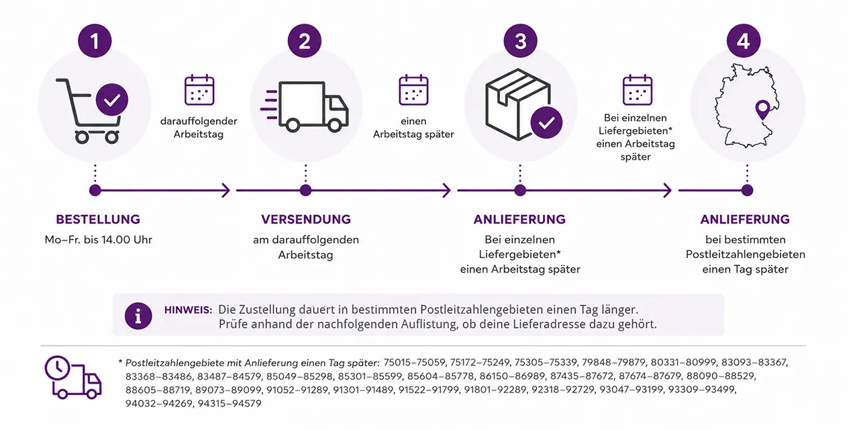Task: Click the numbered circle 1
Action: (x=95, y=41)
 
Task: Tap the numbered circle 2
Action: (x=305, y=41)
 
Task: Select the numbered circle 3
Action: (x=520, y=41)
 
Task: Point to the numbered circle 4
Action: (x=744, y=41)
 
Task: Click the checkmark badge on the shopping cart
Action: (x=112, y=100)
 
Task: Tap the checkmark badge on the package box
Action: (x=546, y=122)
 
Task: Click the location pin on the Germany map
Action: (x=762, y=110)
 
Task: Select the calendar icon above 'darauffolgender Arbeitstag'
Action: (x=199, y=90)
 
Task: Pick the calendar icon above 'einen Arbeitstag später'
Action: (x=413, y=90)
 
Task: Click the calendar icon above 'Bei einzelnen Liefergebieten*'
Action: (x=638, y=90)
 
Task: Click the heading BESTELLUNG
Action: (x=98, y=219)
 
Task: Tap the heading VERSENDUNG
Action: (x=306, y=219)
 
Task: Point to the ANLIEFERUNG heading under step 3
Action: (x=519, y=219)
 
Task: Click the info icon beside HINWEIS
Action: (x=138, y=316)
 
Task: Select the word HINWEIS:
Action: (x=189, y=310)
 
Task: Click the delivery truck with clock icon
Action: (x=73, y=378)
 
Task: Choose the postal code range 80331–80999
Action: (x=683, y=362)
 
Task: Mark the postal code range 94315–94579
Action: (x=230, y=404)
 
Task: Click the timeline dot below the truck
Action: (x=305, y=190)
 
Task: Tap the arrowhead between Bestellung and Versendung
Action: (x=226, y=190)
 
